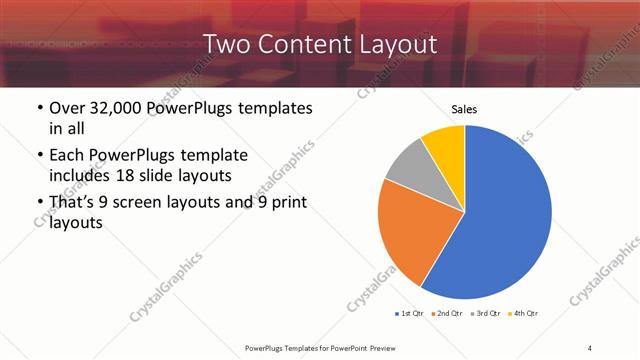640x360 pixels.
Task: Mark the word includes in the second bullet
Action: tap(83, 177)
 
